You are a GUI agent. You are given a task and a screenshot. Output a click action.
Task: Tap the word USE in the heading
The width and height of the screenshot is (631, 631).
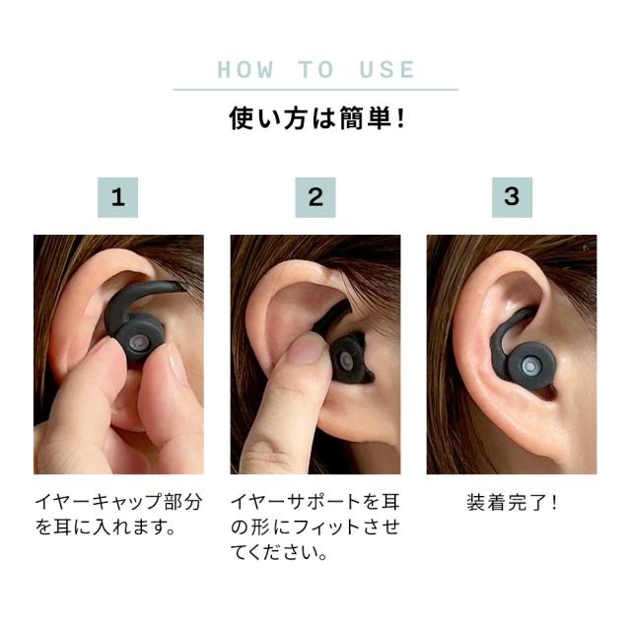coord(381,70)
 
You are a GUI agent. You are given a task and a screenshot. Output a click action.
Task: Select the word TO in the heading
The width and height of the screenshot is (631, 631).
coord(315,70)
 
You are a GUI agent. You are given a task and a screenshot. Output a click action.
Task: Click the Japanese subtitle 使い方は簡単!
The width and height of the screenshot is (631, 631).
coord(315,119)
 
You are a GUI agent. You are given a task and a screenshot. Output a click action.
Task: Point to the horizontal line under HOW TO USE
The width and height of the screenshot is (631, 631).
coord(315,90)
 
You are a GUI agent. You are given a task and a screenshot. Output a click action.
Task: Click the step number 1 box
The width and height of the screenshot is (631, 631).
coord(118,197)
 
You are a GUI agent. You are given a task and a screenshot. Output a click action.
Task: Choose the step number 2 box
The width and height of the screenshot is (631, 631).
coord(315,197)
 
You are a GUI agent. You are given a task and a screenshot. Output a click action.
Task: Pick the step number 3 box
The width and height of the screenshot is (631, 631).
coord(512,197)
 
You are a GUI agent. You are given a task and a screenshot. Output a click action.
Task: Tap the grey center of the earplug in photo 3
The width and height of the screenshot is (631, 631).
coord(530,366)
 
